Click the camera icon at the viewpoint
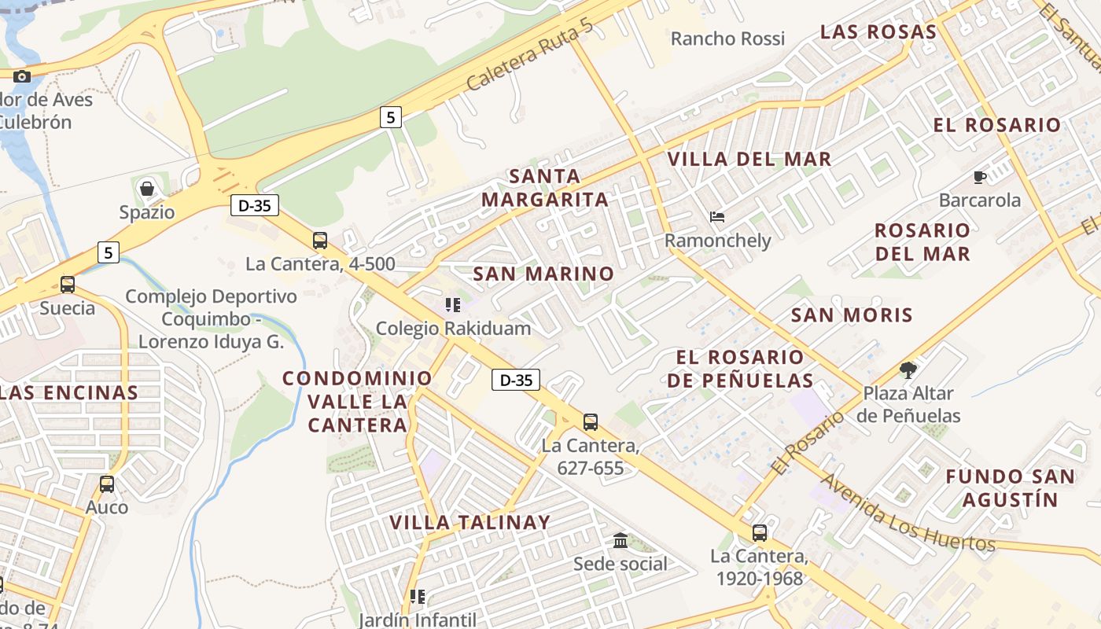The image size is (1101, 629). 22,76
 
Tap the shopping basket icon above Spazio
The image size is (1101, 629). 146,189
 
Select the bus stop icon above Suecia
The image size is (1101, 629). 68,284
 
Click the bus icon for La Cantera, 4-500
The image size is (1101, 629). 319,241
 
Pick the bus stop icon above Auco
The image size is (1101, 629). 107,484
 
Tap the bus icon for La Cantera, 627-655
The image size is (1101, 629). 591,422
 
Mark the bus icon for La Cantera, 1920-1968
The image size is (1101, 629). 759,533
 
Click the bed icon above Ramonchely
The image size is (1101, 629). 716,217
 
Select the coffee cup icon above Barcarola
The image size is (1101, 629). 979,177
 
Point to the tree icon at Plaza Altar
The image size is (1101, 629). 908,370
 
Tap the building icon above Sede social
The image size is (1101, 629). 620,540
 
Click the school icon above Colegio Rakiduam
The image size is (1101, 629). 452,304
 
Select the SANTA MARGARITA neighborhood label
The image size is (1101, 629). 545,188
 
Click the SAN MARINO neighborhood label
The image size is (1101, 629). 543,274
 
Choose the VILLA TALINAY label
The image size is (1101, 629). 470,522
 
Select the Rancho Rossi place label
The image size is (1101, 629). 727,39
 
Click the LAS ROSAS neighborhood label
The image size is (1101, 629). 878,32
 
